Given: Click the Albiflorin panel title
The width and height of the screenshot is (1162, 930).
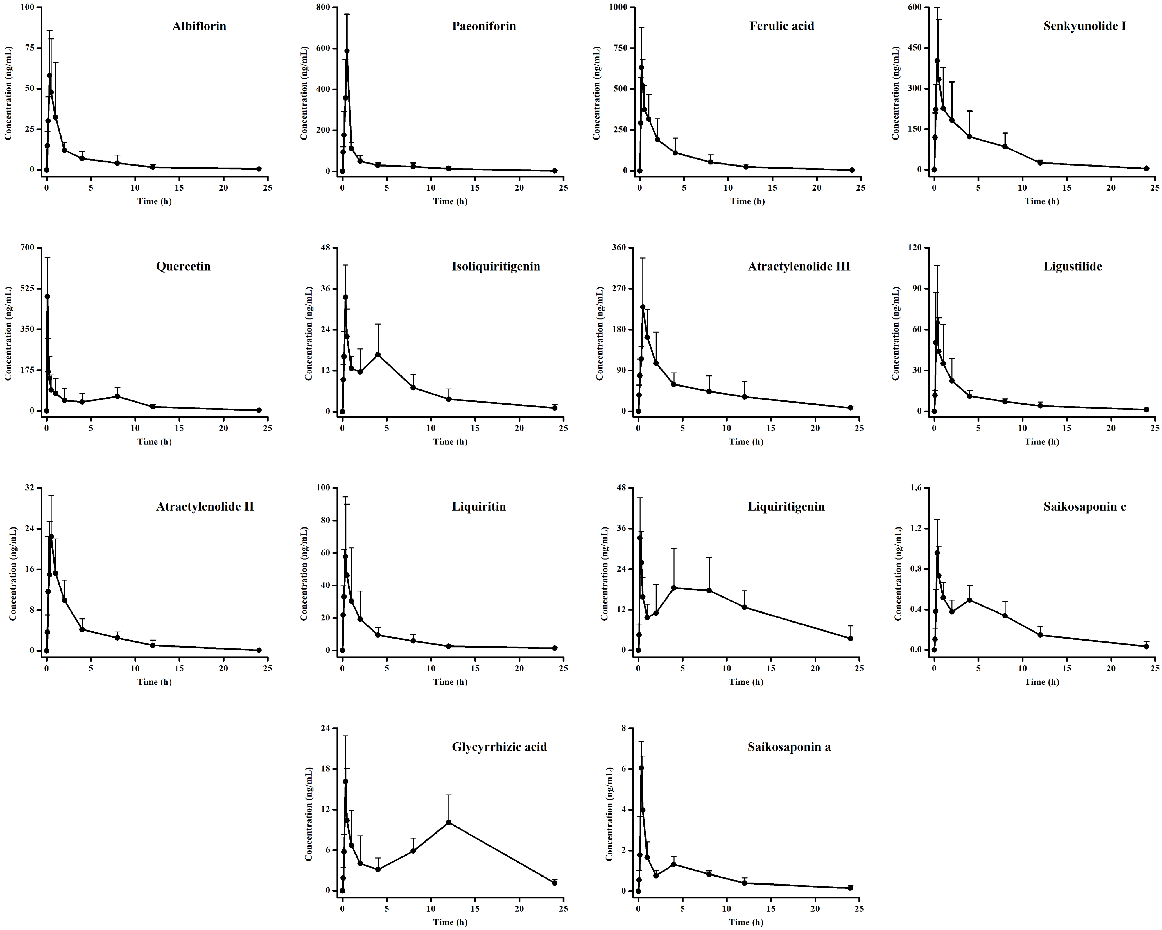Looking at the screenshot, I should pyautogui.click(x=199, y=26).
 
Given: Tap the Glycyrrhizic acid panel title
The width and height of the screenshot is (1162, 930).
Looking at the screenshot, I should pyautogui.click(x=499, y=747).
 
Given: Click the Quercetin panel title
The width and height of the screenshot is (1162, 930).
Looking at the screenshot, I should pyautogui.click(x=183, y=266).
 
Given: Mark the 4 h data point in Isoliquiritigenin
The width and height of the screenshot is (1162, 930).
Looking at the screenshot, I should pyautogui.click(x=378, y=354).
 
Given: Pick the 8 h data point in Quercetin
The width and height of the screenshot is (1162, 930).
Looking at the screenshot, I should pyautogui.click(x=117, y=396).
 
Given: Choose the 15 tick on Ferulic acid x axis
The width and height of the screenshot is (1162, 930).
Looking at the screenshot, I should pyautogui.click(x=772, y=188).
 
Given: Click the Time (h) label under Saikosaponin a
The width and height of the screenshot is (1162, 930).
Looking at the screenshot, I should pyautogui.click(x=746, y=922).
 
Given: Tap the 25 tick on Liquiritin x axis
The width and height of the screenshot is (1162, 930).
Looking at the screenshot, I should pyautogui.click(x=563, y=668).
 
